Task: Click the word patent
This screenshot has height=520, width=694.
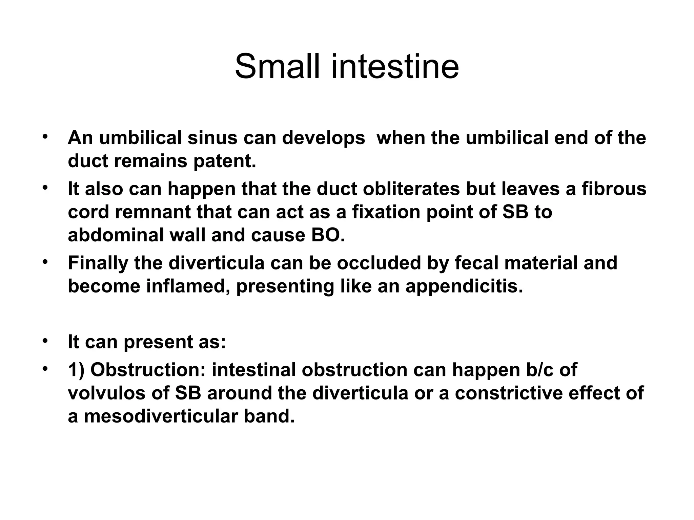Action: point(224,161)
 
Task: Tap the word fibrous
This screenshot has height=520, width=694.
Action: point(614,189)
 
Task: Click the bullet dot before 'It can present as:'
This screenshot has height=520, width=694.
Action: point(44,340)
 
